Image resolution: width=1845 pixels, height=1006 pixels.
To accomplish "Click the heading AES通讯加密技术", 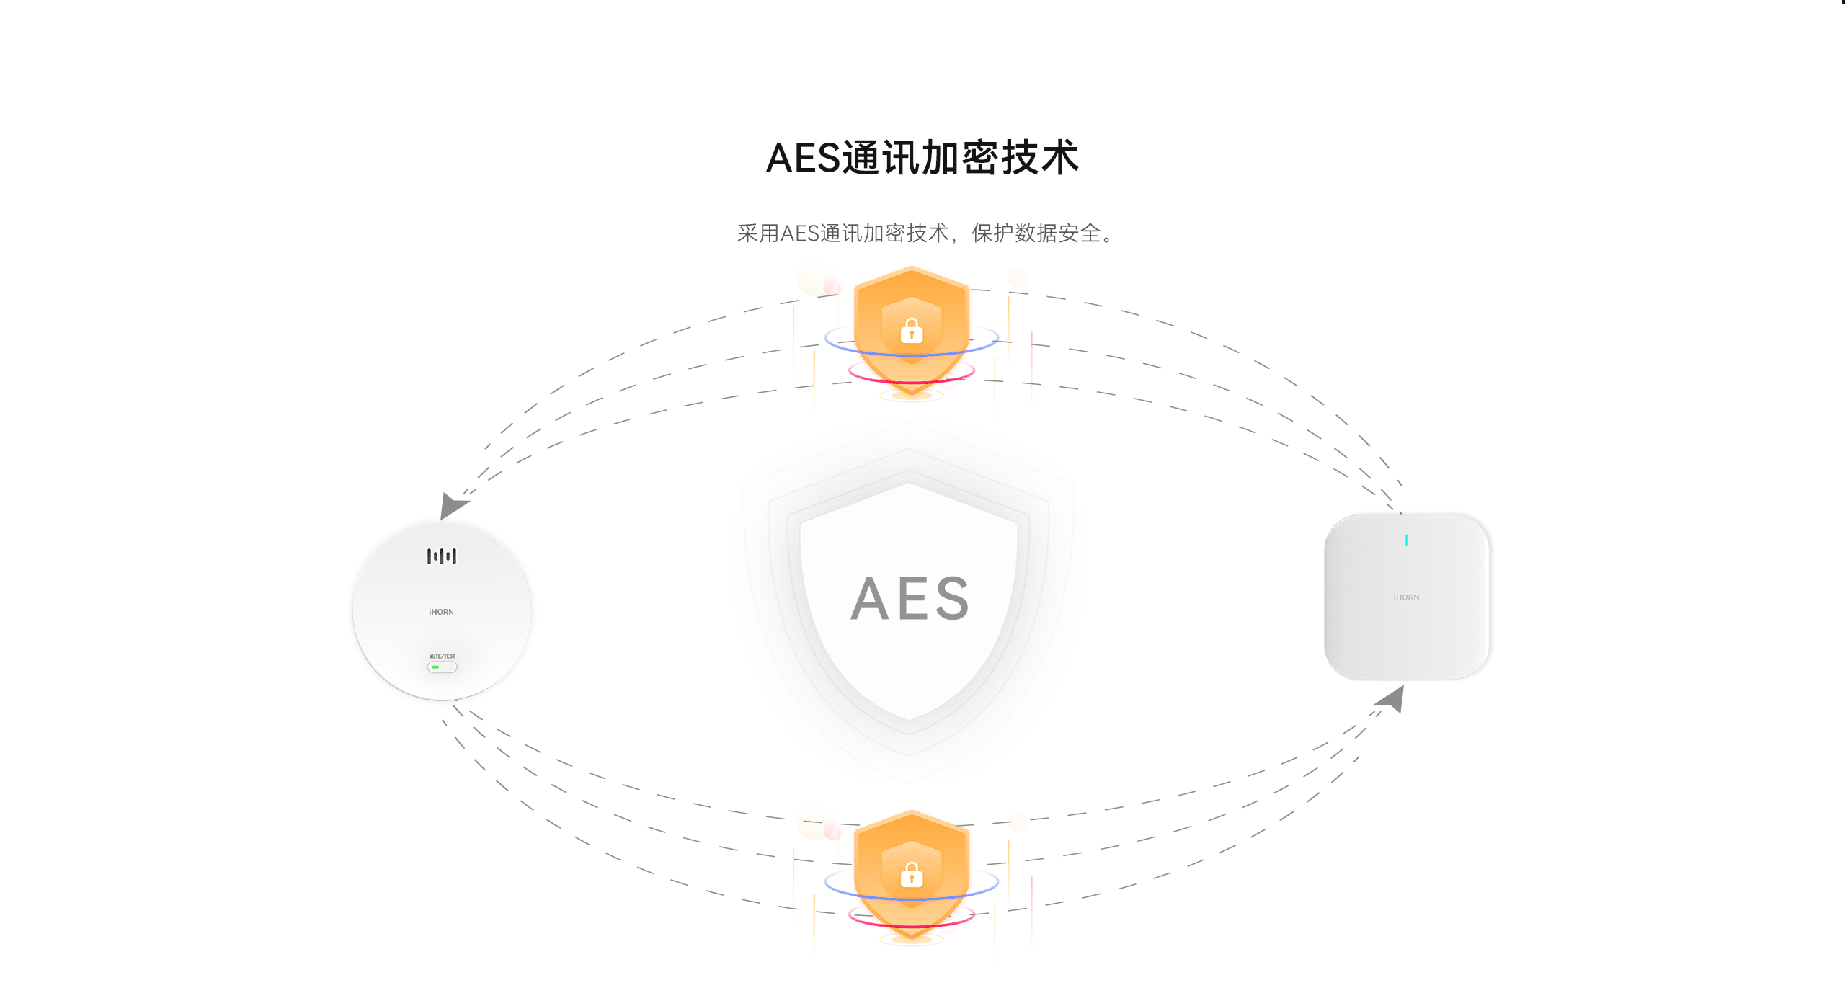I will pos(922,158).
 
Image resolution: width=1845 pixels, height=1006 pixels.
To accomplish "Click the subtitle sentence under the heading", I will pos(925,233).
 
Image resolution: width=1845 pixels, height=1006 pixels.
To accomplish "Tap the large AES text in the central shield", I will pos(910,598).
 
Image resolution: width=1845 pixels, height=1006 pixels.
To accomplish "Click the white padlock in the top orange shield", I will pos(912,331).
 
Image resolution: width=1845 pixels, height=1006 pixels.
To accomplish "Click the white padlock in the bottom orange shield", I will pos(912,875).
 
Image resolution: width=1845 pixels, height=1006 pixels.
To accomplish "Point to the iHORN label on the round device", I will pos(441,612).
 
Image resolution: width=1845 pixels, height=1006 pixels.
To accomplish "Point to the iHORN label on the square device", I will pos(1406,597).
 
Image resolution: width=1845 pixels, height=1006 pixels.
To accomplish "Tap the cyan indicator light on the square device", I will pos(1406,540).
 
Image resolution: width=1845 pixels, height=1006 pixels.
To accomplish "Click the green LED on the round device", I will pos(435,667).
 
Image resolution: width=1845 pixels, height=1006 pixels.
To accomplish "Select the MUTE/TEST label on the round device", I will pos(442,656).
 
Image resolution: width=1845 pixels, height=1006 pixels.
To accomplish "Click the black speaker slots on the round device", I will pos(441,556).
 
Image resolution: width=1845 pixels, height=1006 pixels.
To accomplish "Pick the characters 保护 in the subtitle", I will pos(992,233).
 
